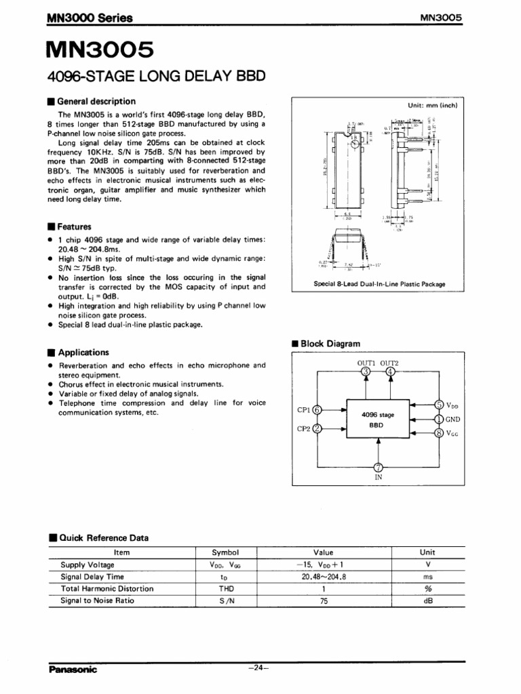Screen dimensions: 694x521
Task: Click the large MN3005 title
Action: [x=100, y=51]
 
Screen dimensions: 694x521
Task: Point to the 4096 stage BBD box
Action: [x=377, y=420]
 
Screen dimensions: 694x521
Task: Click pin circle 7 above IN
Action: [x=378, y=466]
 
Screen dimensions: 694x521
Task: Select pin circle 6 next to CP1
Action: [x=317, y=409]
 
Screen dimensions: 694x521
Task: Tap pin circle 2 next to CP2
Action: [x=317, y=428]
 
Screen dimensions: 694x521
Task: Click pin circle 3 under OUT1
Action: [x=366, y=372]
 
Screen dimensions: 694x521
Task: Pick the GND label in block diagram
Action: [x=453, y=420]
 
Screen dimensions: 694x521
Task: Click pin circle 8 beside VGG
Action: [x=439, y=432]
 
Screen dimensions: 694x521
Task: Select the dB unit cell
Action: [x=427, y=600]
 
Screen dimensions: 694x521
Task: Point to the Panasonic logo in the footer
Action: [x=73, y=670]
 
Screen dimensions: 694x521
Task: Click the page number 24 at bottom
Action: [x=260, y=668]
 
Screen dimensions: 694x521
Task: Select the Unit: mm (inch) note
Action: [x=433, y=106]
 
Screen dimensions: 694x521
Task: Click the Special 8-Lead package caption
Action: [x=379, y=284]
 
